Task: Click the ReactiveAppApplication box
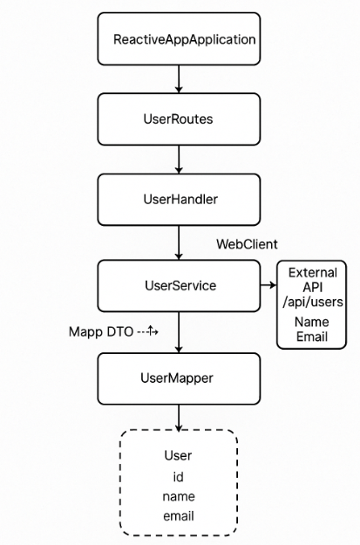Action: (179, 39)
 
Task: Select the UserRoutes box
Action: (179, 119)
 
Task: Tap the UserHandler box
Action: (179, 199)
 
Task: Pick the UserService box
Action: (179, 285)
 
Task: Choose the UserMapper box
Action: (179, 378)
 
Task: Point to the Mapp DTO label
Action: (101, 331)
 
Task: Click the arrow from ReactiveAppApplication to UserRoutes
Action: (179, 79)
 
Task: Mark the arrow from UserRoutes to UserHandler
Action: (179, 159)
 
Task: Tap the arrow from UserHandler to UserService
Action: (179, 242)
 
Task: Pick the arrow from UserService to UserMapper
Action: (179, 331)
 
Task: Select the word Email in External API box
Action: (311, 337)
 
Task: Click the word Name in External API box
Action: (311, 323)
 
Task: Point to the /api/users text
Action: (311, 302)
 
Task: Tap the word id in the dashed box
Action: (179, 476)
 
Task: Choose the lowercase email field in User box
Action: (179, 515)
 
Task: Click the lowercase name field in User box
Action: (179, 496)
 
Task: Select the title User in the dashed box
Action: (179, 456)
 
